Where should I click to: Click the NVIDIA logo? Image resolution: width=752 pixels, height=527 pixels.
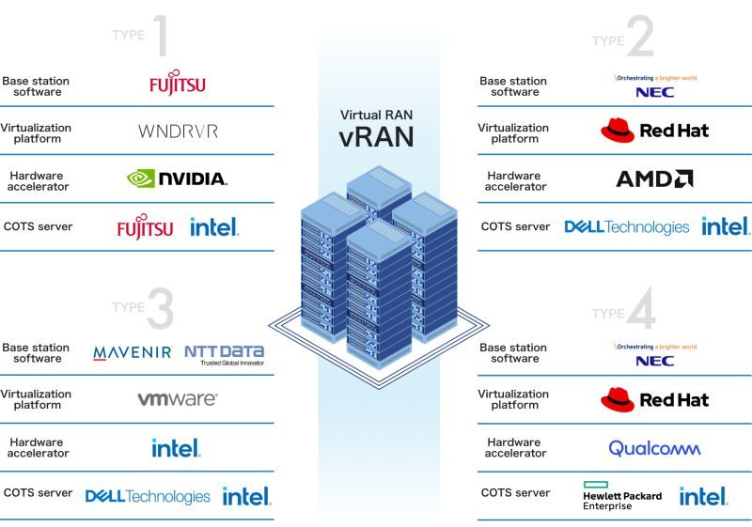tap(177, 178)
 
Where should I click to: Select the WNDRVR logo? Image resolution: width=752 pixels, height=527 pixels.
tap(178, 132)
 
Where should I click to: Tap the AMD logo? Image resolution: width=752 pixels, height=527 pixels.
tap(654, 178)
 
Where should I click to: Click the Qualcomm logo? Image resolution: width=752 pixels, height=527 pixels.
tap(654, 448)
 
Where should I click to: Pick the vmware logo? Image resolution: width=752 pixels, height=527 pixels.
tap(178, 399)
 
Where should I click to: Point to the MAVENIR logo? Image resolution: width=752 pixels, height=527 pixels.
tap(133, 353)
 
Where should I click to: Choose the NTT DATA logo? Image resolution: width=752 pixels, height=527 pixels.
tap(225, 355)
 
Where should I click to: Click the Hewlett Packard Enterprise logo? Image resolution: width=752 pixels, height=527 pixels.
tap(622, 496)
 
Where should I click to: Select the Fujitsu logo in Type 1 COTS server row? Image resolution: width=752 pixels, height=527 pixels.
tap(146, 226)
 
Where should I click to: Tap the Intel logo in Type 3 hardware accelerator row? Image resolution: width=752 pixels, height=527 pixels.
tap(176, 448)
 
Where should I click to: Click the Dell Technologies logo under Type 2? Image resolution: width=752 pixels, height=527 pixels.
tap(627, 227)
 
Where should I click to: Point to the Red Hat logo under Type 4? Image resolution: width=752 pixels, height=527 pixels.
tap(654, 399)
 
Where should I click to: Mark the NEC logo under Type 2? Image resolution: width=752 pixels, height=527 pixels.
tap(655, 86)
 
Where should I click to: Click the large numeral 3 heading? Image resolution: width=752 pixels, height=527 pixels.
tap(161, 308)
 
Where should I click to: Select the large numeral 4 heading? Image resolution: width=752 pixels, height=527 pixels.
tap(641, 307)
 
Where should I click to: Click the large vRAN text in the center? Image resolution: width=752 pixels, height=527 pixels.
tap(377, 136)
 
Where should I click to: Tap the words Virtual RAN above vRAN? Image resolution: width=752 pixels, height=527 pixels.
tap(377, 115)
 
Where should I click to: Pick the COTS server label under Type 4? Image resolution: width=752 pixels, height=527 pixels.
tap(515, 493)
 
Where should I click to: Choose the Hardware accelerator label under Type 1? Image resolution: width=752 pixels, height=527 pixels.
tap(38, 181)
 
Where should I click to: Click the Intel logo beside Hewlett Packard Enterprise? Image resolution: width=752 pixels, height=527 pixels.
tap(703, 496)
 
